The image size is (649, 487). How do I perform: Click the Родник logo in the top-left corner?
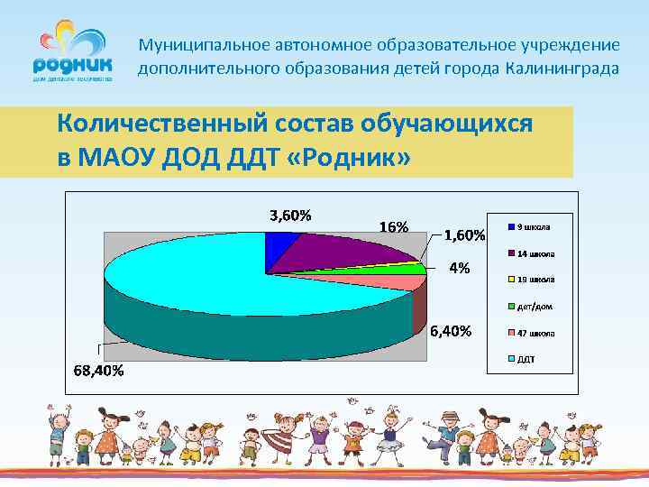tap(73, 53)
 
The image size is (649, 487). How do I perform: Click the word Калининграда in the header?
tap(562, 69)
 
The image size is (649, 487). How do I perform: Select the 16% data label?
tap(393, 227)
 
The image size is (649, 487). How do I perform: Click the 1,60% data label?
tap(465, 236)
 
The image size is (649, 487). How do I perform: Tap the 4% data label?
tap(460, 268)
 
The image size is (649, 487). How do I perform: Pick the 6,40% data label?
tap(450, 331)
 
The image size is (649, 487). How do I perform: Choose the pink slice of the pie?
tap(397, 282)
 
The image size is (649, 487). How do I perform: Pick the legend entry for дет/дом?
tap(531, 306)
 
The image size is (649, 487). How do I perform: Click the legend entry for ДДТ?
tap(525, 358)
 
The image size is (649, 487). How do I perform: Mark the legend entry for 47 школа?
tap(531, 332)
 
